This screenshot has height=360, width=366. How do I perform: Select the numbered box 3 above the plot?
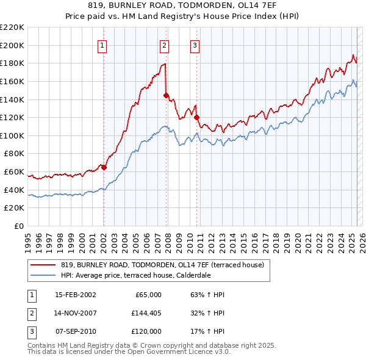195,45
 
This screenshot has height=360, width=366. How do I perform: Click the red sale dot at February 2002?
104,167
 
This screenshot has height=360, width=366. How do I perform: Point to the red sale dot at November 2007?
166,95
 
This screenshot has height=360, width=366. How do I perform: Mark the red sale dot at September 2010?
196,117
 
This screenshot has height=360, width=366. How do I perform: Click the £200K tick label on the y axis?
12,45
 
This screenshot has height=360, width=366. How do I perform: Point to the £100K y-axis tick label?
12,135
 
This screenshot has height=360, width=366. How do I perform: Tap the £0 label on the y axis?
18,226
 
